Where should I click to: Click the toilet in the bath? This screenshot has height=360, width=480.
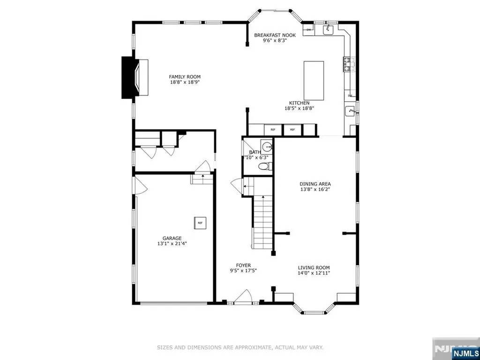[x=264, y=166]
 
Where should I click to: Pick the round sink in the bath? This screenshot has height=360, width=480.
[x=266, y=147]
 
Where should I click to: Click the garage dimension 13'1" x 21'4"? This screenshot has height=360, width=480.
[x=172, y=243]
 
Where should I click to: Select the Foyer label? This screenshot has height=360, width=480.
[x=243, y=265]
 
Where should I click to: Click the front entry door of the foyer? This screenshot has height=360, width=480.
[x=244, y=297]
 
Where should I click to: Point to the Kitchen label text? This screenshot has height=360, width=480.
[x=299, y=103]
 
